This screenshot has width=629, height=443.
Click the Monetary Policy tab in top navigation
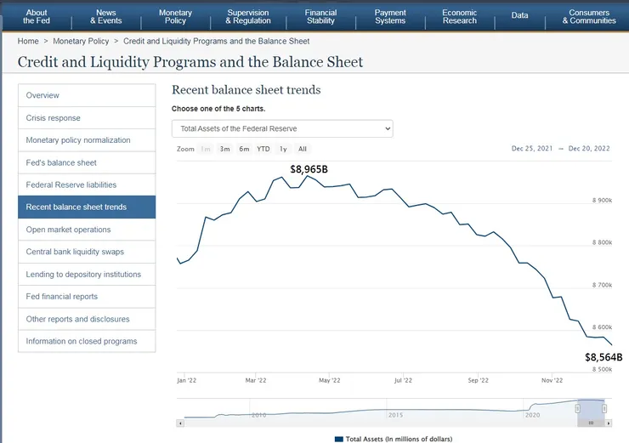(175, 16)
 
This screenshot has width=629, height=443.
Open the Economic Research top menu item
(459, 16)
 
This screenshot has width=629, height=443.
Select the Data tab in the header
(519, 15)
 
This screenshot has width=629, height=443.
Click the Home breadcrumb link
(28, 41)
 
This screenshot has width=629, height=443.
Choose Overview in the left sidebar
(42, 95)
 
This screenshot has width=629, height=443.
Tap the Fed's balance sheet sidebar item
(61, 162)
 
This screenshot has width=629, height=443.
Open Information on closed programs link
(82, 341)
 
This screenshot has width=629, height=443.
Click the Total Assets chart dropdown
(282, 128)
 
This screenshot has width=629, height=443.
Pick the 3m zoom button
(224, 149)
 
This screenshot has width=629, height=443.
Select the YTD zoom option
(263, 149)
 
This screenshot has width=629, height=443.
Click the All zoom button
(303, 149)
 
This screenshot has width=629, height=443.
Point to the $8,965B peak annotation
(309, 169)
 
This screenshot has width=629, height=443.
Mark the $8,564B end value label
(603, 357)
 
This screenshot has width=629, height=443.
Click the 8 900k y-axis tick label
(602, 201)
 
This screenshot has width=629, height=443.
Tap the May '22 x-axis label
(329, 381)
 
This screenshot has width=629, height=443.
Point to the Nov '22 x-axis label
(552, 381)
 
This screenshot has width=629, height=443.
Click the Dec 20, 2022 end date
(589, 149)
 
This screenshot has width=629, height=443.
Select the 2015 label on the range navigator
(395, 415)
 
